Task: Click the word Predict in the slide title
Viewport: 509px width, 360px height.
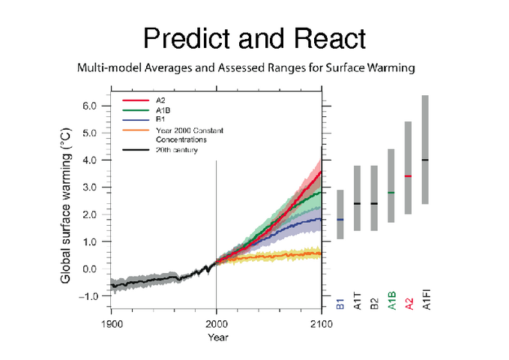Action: coord(184,37)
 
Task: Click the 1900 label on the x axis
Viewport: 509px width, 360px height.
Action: coord(111,323)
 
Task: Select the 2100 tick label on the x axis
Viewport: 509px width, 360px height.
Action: coord(321,323)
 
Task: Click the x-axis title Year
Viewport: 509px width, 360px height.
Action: coord(217,337)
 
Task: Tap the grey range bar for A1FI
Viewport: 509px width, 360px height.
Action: coord(425,149)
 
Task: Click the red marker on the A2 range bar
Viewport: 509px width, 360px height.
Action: coord(407,176)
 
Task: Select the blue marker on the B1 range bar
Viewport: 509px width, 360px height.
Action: coord(340,220)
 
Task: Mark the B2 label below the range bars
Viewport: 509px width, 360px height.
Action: coord(373,304)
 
